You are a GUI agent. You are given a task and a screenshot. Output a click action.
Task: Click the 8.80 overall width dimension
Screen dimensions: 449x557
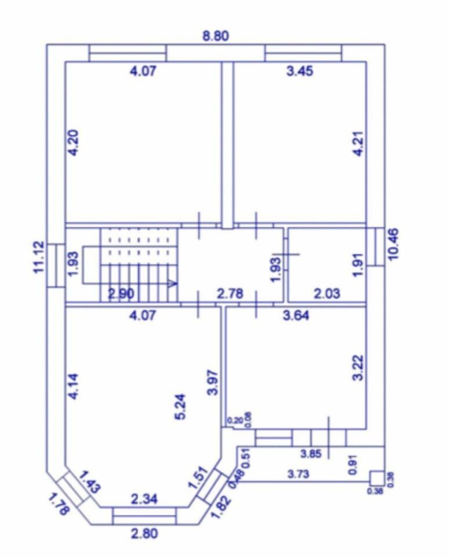(x=216, y=36)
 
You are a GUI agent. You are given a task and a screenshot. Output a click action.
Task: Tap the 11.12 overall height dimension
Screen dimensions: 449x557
(x=39, y=257)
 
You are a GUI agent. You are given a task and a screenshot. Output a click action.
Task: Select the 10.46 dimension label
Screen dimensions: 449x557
(x=393, y=244)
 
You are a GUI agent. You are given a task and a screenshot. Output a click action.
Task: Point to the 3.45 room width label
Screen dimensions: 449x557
(x=300, y=71)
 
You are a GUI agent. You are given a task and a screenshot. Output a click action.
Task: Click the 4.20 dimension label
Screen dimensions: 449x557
(x=74, y=143)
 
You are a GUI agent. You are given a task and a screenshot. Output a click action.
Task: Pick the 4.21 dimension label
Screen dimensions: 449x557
(x=359, y=143)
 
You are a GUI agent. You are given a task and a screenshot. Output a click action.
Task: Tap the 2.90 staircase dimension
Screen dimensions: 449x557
(x=121, y=294)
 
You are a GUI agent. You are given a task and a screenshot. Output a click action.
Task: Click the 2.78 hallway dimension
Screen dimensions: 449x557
(x=230, y=294)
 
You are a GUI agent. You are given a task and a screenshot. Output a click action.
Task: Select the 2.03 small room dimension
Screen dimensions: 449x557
(x=327, y=294)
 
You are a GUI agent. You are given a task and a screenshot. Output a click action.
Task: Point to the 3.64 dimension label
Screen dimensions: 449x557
(x=296, y=315)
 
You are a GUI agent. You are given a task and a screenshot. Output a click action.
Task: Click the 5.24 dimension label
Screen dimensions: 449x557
(x=181, y=407)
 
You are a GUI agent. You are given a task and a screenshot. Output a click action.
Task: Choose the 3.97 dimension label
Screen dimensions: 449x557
(x=212, y=382)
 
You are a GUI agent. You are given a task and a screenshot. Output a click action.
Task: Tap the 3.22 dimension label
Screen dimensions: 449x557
(x=359, y=368)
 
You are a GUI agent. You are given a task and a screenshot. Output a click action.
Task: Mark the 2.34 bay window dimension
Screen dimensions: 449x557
(x=144, y=499)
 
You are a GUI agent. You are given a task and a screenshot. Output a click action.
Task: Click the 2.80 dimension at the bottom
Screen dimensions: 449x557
(x=144, y=534)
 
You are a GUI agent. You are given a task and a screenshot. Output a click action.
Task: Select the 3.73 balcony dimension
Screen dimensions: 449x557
(x=298, y=474)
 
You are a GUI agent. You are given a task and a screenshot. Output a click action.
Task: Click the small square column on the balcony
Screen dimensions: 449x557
(x=377, y=478)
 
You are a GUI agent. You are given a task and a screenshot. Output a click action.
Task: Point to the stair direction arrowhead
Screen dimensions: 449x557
(x=173, y=283)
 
